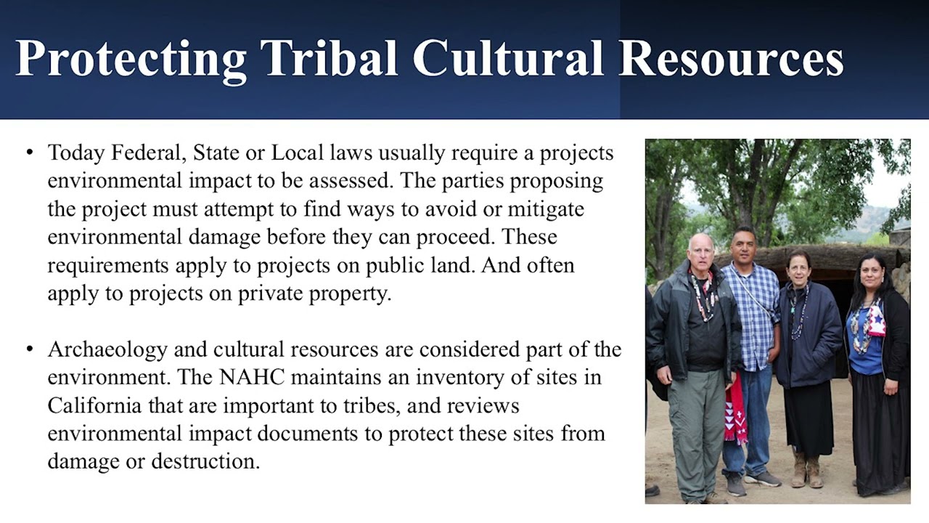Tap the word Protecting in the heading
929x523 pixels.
click(131, 58)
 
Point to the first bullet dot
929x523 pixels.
click(30, 153)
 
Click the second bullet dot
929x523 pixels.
click(30, 349)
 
